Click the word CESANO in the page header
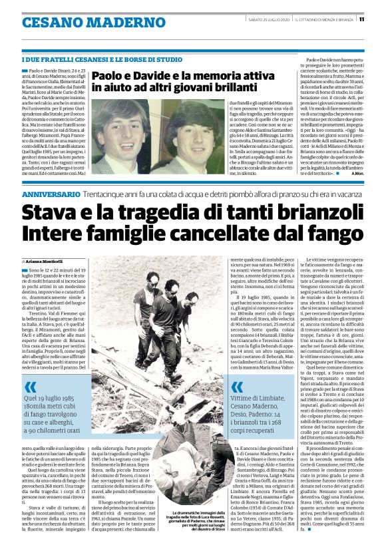pos(47,22)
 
